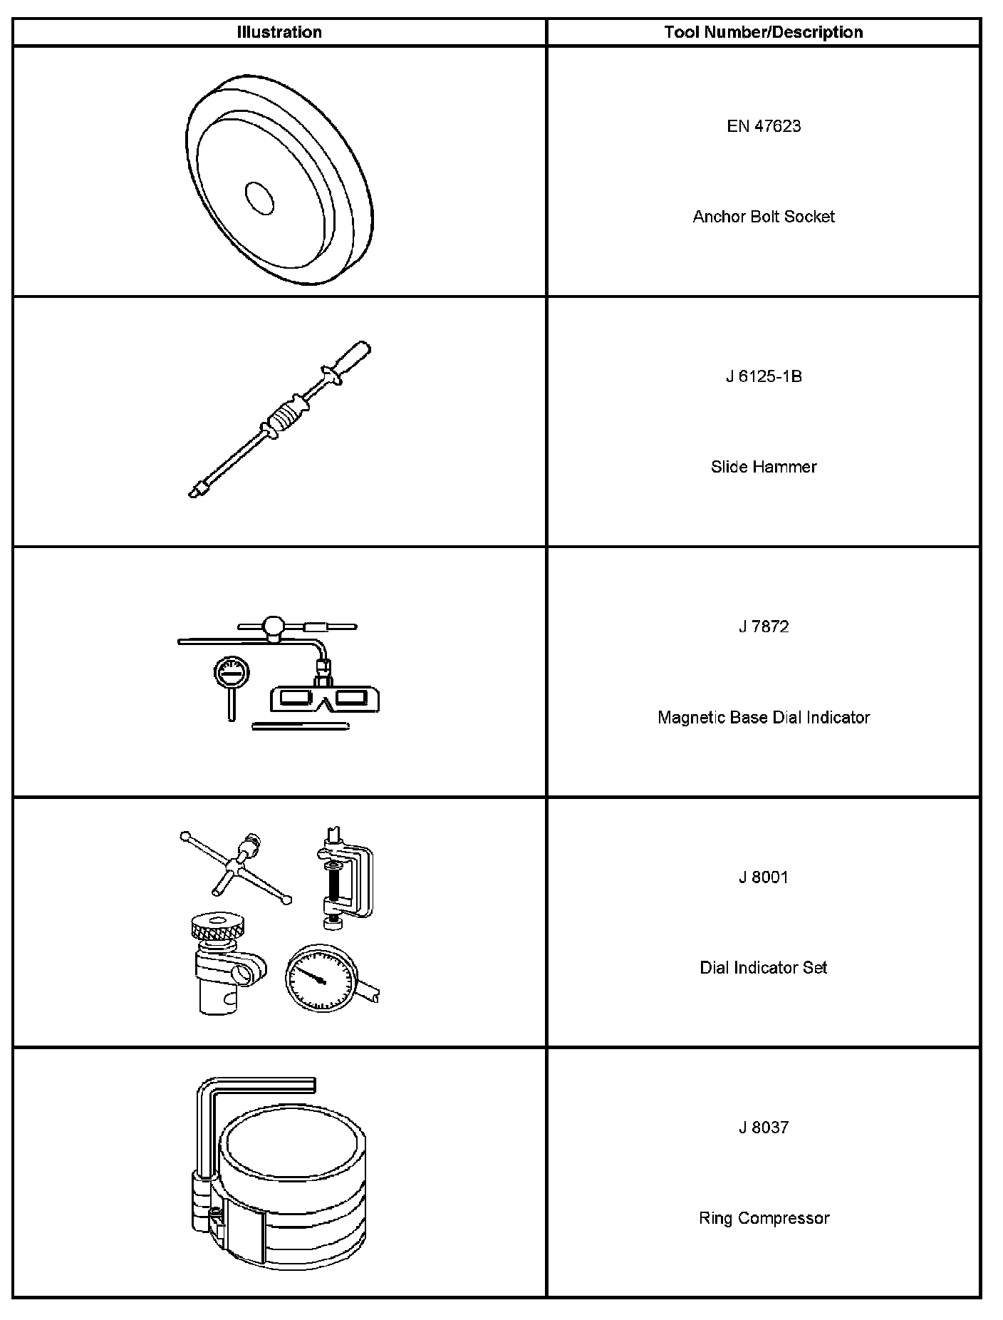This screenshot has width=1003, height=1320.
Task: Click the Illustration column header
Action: click(x=279, y=32)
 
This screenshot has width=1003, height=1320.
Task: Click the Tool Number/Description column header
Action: click(x=763, y=32)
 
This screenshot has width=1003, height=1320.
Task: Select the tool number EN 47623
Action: click(x=764, y=126)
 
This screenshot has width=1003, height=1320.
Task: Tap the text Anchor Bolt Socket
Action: click(x=764, y=217)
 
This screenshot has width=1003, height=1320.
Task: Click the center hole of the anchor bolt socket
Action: click(x=259, y=197)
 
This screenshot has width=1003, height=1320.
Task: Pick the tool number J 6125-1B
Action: click(x=764, y=376)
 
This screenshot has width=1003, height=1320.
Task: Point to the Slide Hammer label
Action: click(x=764, y=467)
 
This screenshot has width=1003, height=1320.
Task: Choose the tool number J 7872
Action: click(x=764, y=627)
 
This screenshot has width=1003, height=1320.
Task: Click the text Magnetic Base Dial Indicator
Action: click(x=764, y=717)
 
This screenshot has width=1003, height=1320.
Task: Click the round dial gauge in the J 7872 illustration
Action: click(x=230, y=671)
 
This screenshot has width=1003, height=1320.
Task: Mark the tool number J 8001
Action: click(x=764, y=877)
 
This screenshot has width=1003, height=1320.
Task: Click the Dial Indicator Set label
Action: click(x=764, y=967)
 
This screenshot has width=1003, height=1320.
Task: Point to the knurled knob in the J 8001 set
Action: click(x=219, y=928)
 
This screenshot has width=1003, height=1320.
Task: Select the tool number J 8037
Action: click(x=764, y=1127)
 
